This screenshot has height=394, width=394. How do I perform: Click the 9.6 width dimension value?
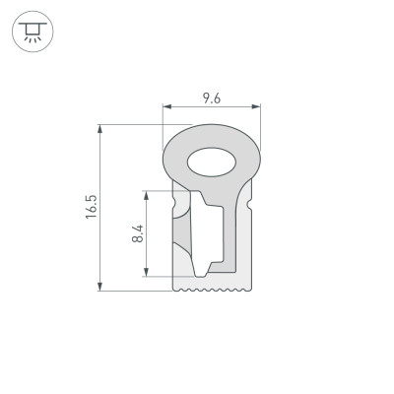coord(211,98)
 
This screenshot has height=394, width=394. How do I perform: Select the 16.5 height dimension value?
coord(91,208)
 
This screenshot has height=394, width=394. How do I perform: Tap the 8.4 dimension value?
coord(138,233)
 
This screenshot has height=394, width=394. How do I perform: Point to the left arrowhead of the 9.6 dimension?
coord(164,106)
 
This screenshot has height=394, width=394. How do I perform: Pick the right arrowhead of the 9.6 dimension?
coord(260,106)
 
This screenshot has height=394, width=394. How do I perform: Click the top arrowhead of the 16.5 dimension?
coord(101,127)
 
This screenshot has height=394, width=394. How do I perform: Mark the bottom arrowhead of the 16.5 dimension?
coord(101,289)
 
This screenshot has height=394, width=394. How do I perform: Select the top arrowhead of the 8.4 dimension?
coord(148,193)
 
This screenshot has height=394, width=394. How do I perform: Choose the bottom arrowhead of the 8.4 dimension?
coord(148,275)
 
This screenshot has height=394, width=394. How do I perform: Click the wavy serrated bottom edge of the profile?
coord(214,290)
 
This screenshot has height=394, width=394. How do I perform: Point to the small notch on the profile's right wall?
coord(253,203)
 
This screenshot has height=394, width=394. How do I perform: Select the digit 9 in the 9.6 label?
coord(205,98)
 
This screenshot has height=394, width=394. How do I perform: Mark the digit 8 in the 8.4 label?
coord(138,240)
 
